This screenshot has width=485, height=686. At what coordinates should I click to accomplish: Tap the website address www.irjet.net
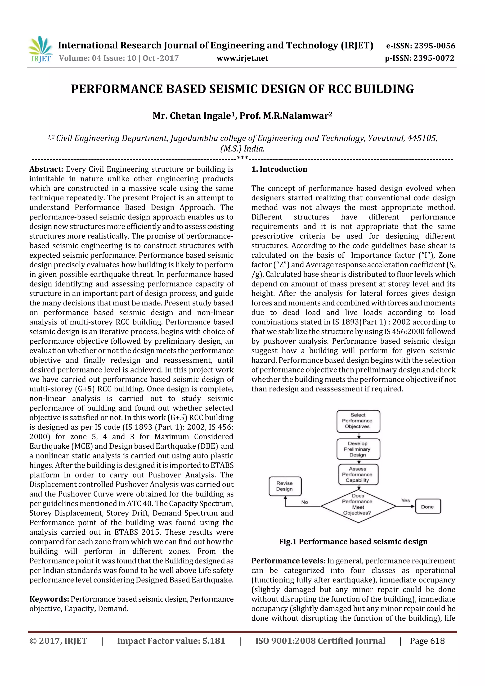click(242, 58)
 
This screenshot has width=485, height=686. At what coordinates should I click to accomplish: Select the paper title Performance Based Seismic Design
click(242, 89)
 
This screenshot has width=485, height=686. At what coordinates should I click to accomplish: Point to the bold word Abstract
click(46, 169)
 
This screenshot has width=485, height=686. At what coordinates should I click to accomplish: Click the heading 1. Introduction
click(279, 169)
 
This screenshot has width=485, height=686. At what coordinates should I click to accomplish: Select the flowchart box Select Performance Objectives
click(358, 421)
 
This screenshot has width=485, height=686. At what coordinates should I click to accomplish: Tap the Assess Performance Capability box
click(358, 475)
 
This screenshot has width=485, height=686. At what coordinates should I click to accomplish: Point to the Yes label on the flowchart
click(405, 500)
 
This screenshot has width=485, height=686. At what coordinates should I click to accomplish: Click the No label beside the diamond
click(305, 502)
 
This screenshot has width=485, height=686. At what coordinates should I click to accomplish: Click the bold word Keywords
click(49, 599)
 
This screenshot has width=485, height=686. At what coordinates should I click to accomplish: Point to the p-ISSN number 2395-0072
click(434, 58)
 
